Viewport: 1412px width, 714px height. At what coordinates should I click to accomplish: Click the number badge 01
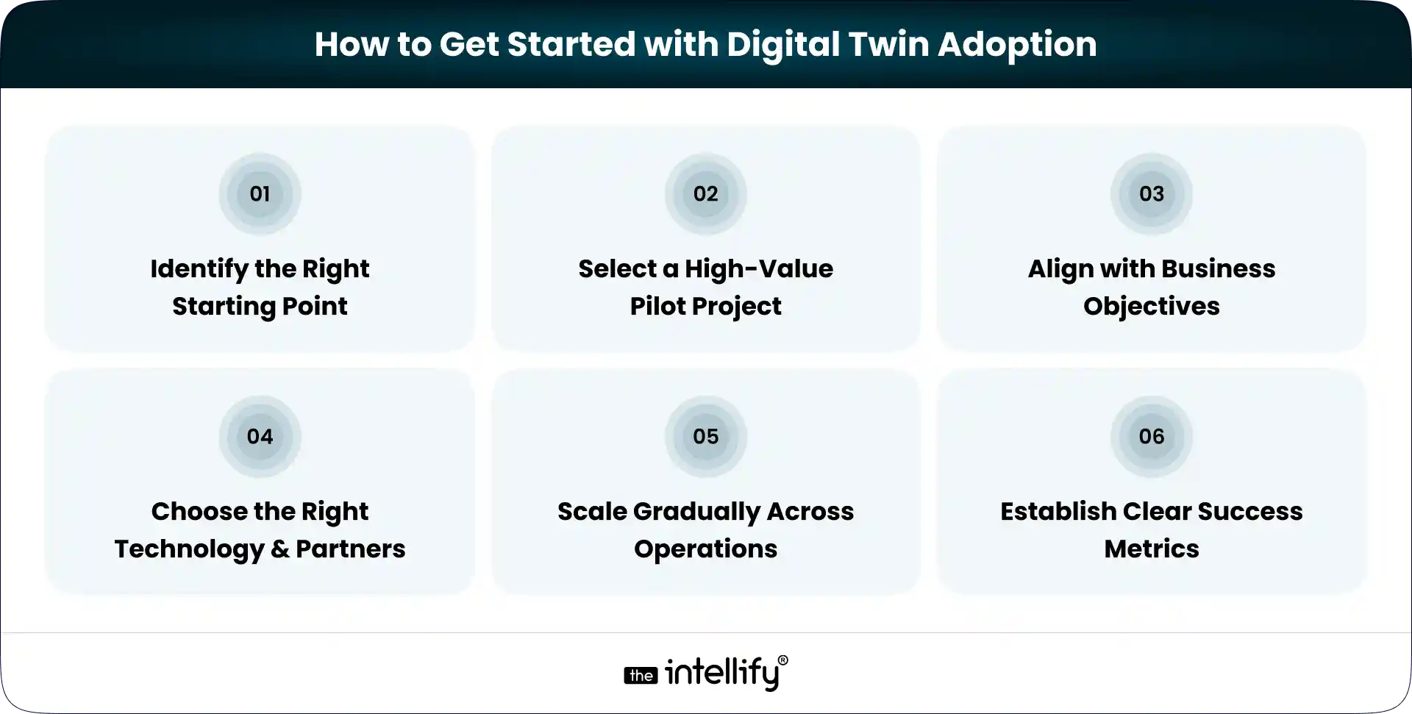[x=260, y=194]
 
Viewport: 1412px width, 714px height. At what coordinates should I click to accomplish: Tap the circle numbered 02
[x=705, y=194]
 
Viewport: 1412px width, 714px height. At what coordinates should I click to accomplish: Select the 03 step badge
[x=1151, y=194]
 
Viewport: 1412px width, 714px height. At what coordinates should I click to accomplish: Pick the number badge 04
[x=260, y=437]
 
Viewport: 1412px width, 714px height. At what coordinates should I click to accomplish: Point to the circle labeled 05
[x=705, y=437]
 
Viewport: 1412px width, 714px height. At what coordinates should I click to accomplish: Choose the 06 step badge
[x=1151, y=437]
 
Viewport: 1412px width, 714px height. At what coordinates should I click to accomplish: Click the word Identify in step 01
[x=199, y=270]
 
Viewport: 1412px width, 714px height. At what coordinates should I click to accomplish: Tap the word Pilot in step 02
[x=656, y=306]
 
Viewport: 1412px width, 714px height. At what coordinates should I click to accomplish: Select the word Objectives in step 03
[x=1151, y=307]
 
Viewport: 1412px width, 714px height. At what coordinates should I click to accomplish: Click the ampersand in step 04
[x=279, y=549]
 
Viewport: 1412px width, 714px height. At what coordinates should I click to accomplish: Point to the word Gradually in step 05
[x=696, y=513]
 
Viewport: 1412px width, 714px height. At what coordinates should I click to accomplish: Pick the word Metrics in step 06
[x=1151, y=549]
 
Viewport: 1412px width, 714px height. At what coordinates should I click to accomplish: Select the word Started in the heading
[x=571, y=44]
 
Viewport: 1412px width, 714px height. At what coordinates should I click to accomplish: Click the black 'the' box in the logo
[x=641, y=676]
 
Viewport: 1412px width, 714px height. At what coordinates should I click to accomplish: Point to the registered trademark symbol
[x=782, y=660]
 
